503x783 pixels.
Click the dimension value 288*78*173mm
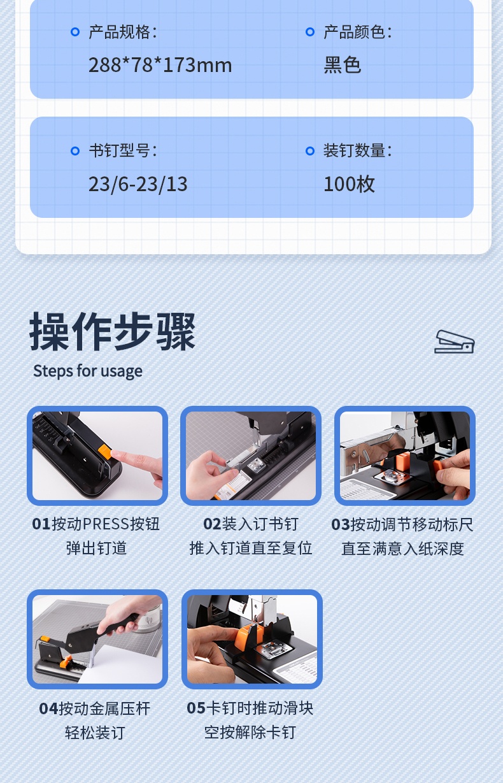pyautogui.click(x=160, y=65)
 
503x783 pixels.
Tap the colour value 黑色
pyautogui.click(x=342, y=65)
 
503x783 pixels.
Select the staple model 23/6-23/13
pyautogui.click(x=138, y=184)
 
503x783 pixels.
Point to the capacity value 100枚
pyautogui.click(x=349, y=184)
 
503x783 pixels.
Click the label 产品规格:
pyautogui.click(x=123, y=32)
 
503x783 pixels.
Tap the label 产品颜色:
pyautogui.click(x=358, y=32)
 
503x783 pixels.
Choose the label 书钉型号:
pyautogui.click(x=123, y=150)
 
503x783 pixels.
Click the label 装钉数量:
pyautogui.click(x=358, y=150)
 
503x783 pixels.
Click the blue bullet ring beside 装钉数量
pyautogui.click(x=310, y=151)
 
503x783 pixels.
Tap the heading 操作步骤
pyautogui.click(x=113, y=331)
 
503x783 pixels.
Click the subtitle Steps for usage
pyautogui.click(x=88, y=371)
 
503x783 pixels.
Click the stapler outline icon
pyautogui.click(x=455, y=342)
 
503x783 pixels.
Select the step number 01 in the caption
pyautogui.click(x=41, y=524)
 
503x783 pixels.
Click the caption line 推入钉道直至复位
pyautogui.click(x=250, y=548)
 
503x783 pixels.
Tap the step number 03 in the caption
pyautogui.click(x=341, y=525)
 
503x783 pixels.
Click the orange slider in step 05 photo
pyautogui.click(x=247, y=634)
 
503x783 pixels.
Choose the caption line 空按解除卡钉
pyautogui.click(x=250, y=733)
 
